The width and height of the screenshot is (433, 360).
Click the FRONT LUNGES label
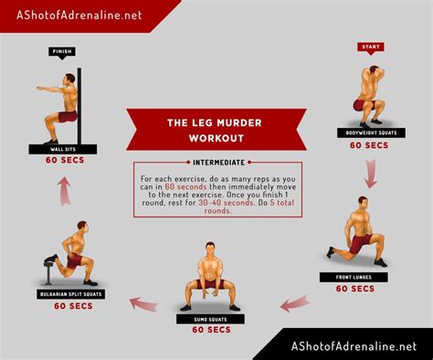pos(352,275)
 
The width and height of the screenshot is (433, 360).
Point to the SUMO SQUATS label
pos(210,318)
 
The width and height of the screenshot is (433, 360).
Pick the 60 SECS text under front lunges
pos(353,288)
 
